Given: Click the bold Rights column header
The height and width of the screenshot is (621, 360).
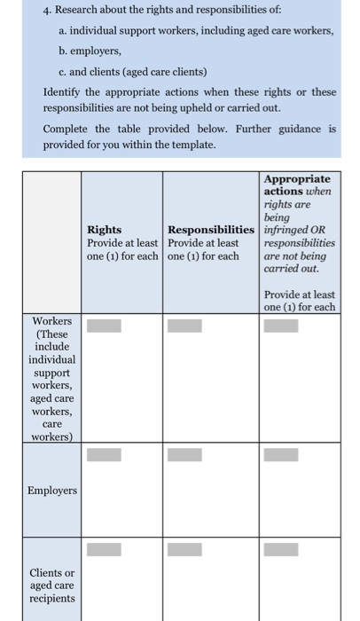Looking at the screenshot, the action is pyautogui.click(x=105, y=229).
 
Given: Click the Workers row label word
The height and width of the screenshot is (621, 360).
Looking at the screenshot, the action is pyautogui.click(x=51, y=320).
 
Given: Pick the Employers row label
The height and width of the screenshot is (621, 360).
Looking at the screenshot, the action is pyautogui.click(x=52, y=490).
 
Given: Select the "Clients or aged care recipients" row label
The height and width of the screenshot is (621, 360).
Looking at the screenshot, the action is pyautogui.click(x=51, y=586).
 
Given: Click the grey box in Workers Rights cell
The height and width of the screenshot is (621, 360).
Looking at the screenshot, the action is pyautogui.click(x=104, y=325).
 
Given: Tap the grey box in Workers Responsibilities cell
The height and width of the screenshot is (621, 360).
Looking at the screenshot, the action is pyautogui.click(x=184, y=325).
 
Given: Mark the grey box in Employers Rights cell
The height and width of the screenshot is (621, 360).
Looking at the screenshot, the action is pyautogui.click(x=104, y=455).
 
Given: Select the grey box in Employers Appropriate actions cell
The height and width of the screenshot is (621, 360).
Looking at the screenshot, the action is pyautogui.click(x=280, y=455).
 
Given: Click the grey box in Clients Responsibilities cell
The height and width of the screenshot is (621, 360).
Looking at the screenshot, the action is pyautogui.click(x=184, y=549).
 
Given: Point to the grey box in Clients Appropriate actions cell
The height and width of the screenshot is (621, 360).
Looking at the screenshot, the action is pyautogui.click(x=280, y=549).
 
